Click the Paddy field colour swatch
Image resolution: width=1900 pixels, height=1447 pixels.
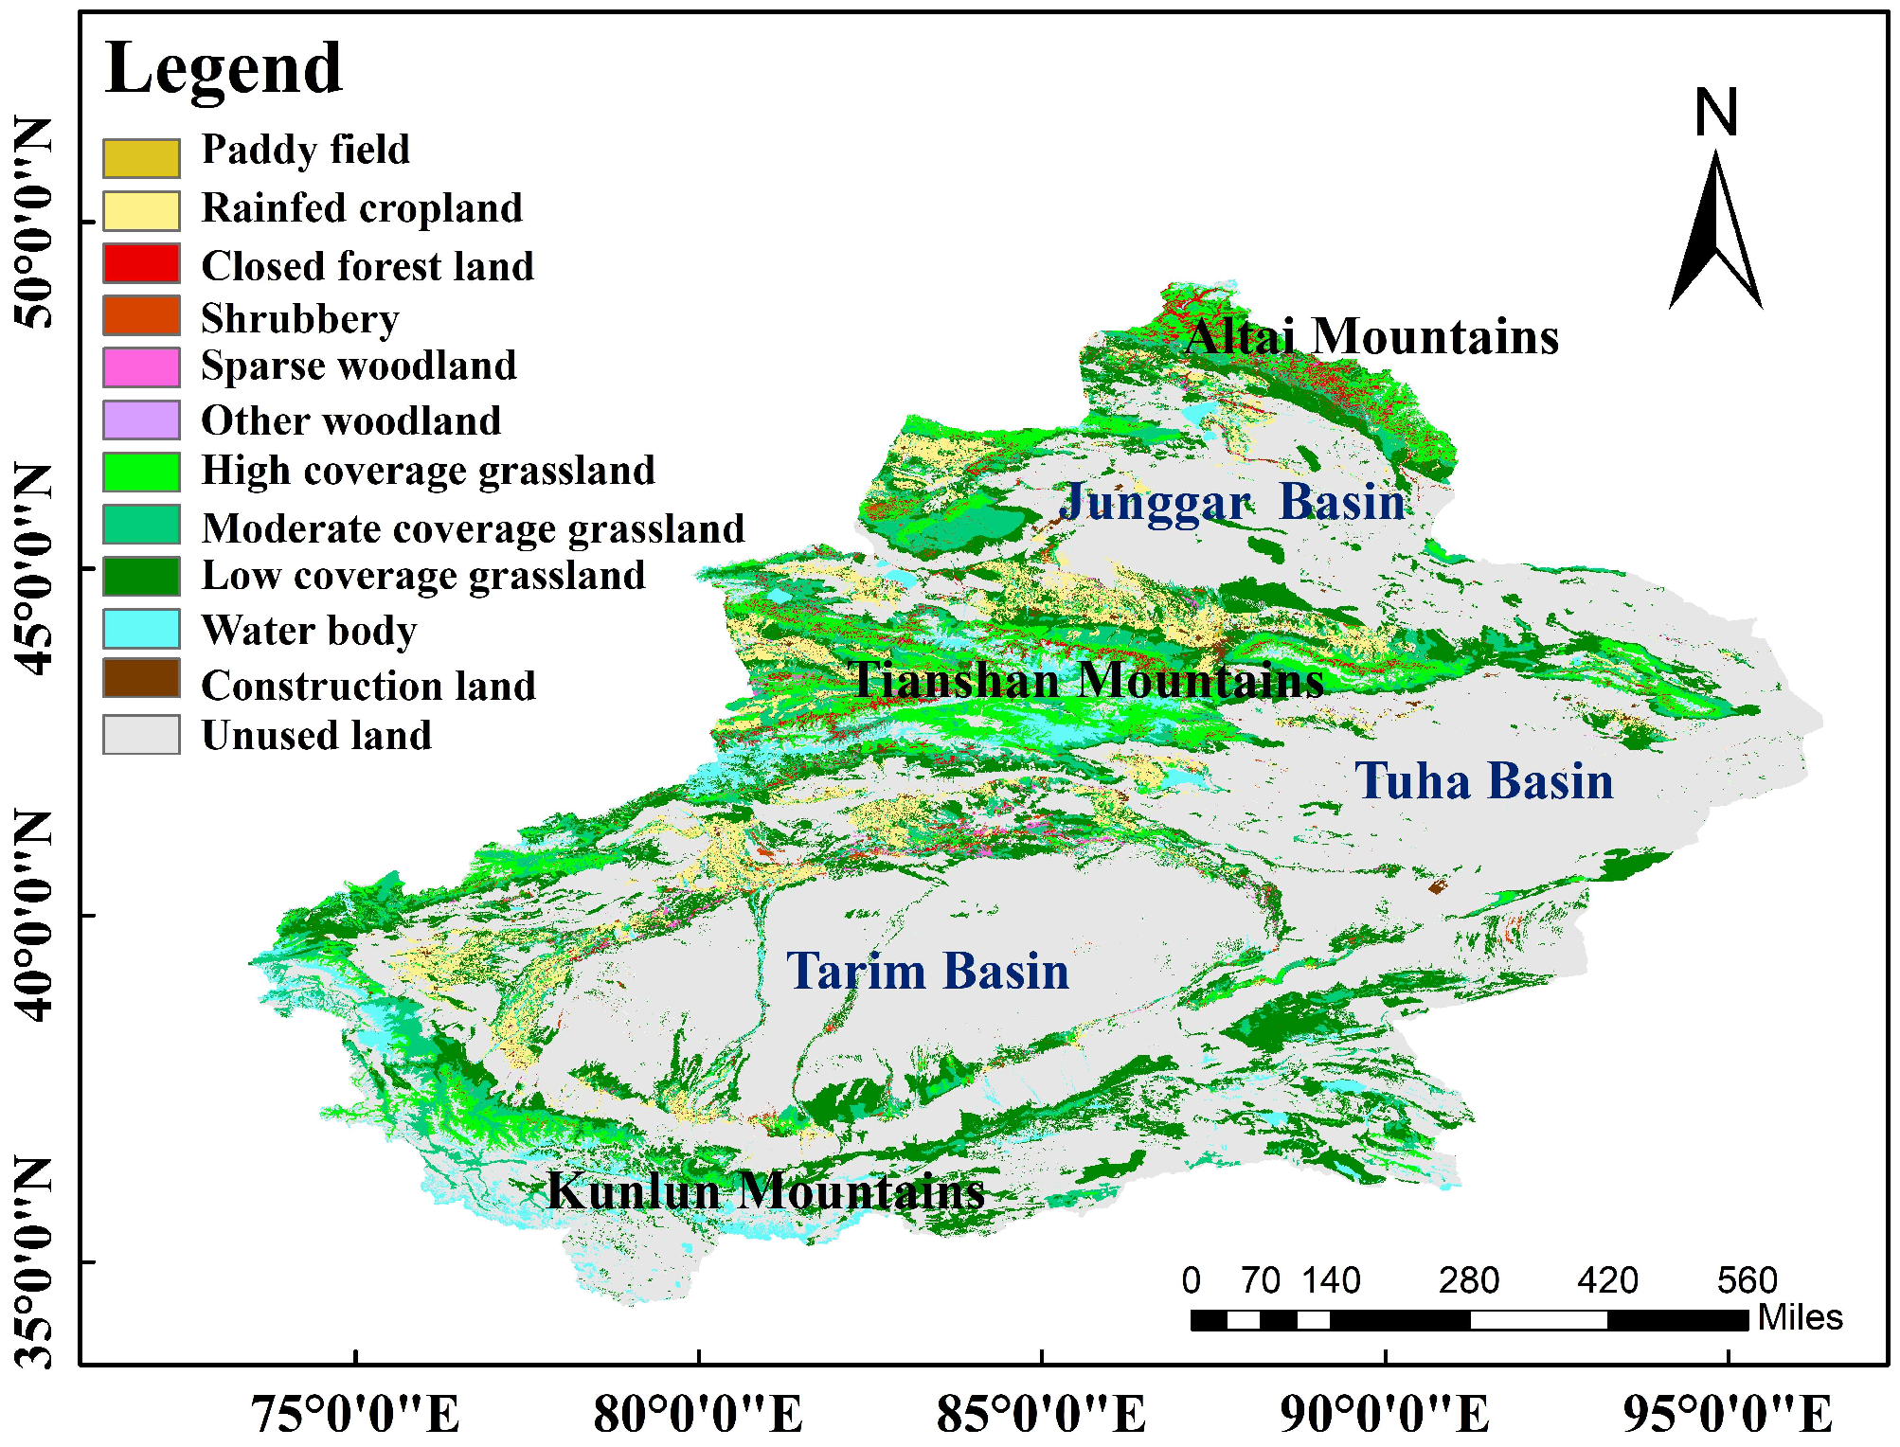point(141,158)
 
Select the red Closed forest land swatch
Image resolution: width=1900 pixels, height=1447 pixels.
point(141,263)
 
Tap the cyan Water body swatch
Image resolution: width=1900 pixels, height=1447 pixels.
point(141,629)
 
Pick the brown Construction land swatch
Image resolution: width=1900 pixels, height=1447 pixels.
point(141,679)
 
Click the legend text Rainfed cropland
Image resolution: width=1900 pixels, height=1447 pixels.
point(362,208)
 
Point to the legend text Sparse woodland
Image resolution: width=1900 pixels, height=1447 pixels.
point(359,366)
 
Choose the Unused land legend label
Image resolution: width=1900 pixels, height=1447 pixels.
point(316,736)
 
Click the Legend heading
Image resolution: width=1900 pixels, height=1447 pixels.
point(224,68)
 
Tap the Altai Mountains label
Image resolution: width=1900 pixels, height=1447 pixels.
point(1371,337)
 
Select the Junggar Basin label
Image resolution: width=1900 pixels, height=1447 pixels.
point(1232,502)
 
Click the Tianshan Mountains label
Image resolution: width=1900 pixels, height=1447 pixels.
point(1087,680)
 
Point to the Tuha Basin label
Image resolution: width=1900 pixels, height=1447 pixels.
point(1484,781)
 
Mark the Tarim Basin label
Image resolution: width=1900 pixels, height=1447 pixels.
point(927,972)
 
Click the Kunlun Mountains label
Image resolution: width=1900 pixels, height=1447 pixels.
point(765,1190)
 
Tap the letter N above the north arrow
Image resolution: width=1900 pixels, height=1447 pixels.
point(1715,113)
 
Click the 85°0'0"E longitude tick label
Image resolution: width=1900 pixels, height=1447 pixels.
point(1041,1415)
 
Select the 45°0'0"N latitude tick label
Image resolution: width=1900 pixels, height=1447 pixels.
point(34,568)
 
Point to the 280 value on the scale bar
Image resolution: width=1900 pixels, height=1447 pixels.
point(1468,1281)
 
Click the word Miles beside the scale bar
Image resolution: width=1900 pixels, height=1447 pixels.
point(1800,1317)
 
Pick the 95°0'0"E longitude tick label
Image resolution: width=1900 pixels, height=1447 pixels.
point(1728,1415)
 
